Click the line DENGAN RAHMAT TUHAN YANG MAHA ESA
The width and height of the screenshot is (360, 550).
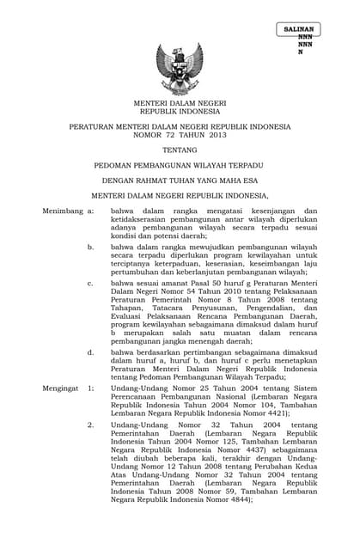click(x=180, y=181)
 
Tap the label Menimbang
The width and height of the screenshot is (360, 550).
click(x=61, y=211)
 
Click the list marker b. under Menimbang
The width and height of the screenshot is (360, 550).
click(x=90, y=247)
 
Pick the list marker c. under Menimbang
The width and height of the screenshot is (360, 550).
click(x=90, y=282)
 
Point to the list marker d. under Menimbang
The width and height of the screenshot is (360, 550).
click(x=90, y=352)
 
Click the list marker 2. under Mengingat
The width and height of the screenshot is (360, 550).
click(x=90, y=425)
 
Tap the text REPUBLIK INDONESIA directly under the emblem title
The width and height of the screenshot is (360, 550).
click(x=180, y=111)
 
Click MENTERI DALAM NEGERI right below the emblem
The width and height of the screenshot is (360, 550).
click(x=180, y=102)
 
